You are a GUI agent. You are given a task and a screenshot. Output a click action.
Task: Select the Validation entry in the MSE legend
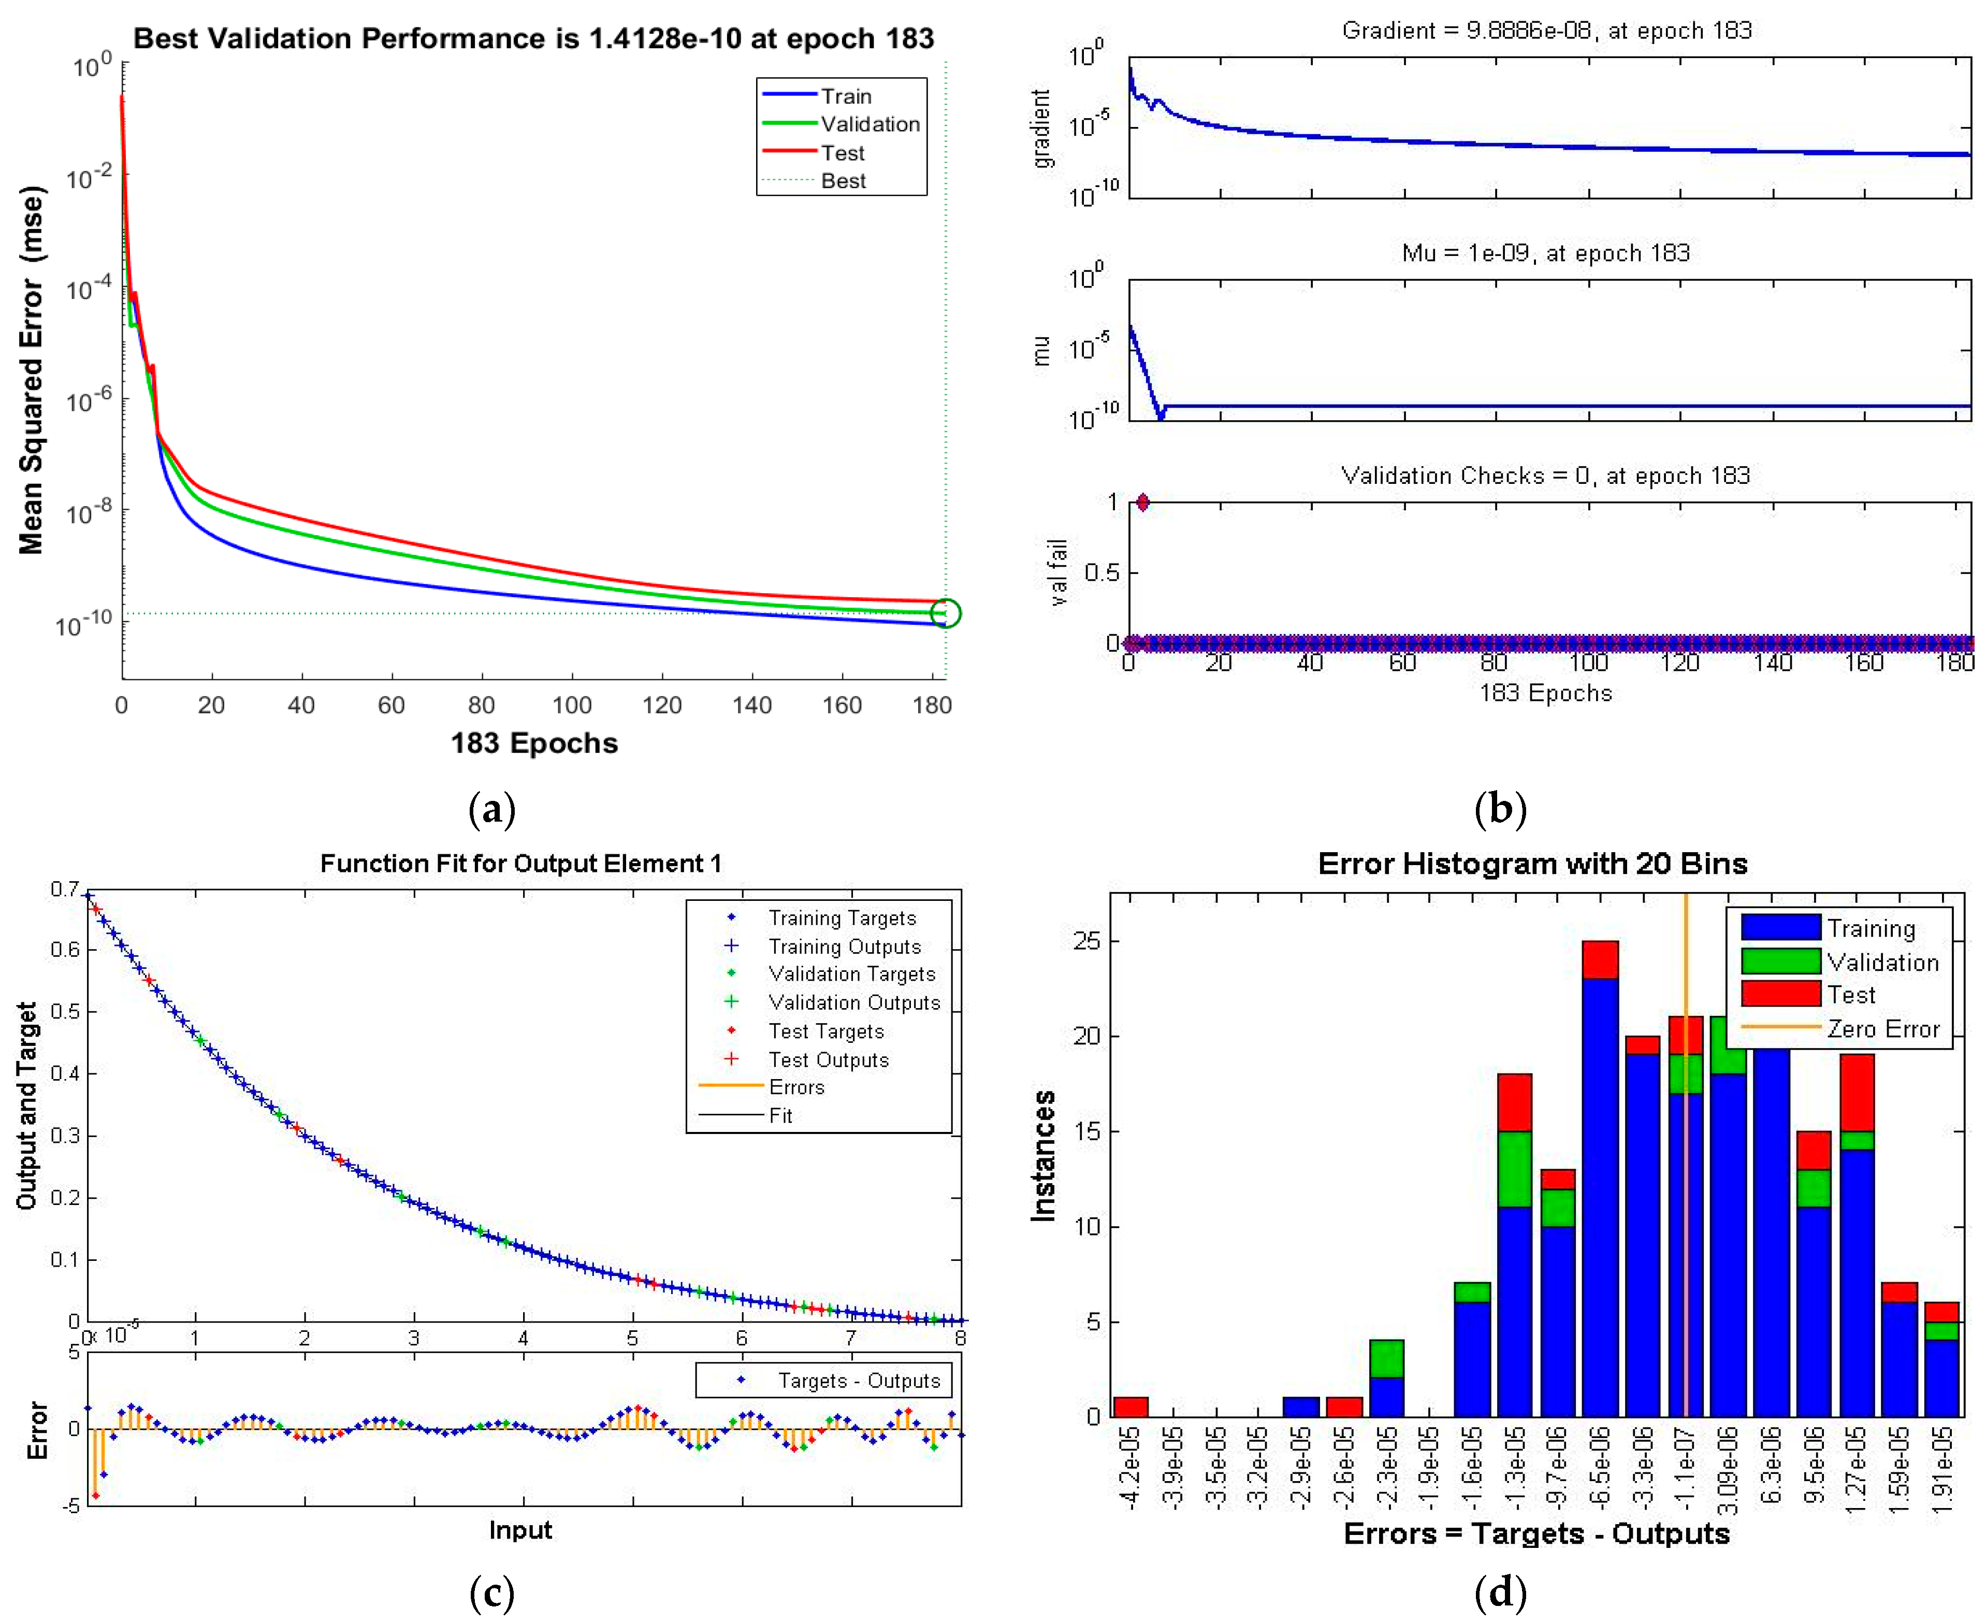pyautogui.click(x=869, y=124)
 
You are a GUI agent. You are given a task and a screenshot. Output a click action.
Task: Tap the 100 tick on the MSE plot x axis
pyautogui.click(x=572, y=706)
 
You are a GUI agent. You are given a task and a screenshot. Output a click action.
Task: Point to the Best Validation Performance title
pyautogui.click(x=533, y=38)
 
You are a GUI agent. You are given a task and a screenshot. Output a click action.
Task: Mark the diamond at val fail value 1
pyautogui.click(x=1142, y=503)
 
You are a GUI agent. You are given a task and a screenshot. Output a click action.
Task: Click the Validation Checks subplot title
pyautogui.click(x=1546, y=476)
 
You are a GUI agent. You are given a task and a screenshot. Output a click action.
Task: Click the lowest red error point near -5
pyautogui.click(x=95, y=1495)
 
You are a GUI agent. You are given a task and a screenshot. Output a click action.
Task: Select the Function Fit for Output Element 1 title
pyautogui.click(x=520, y=863)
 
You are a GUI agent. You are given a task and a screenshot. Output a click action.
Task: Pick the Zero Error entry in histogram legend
pyautogui.click(x=1882, y=1029)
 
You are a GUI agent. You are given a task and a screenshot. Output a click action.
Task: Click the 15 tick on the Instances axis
pyautogui.click(x=1088, y=1131)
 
